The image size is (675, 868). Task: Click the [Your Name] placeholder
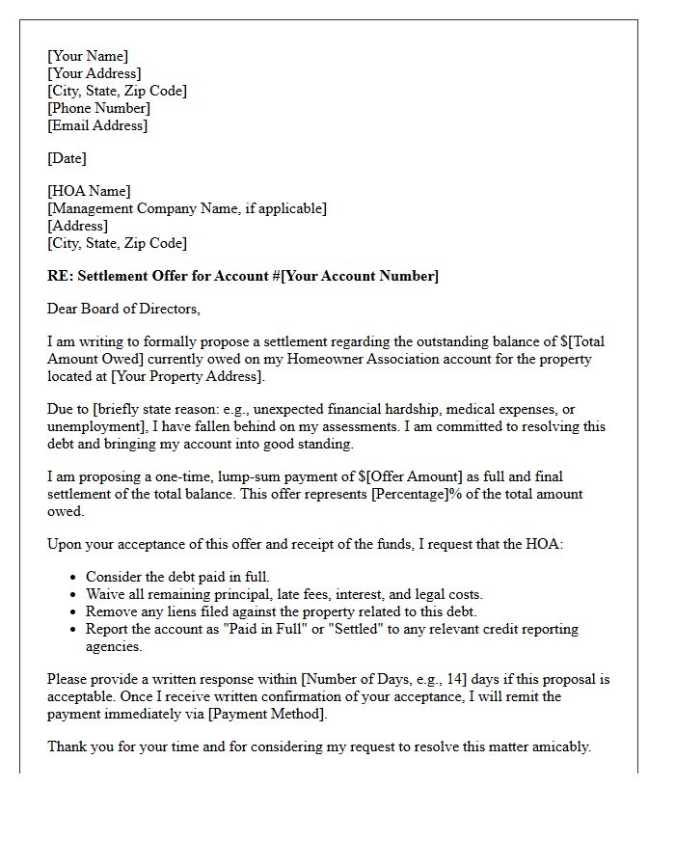pyautogui.click(x=88, y=56)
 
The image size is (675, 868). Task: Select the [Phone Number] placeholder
pyautogui.click(x=98, y=108)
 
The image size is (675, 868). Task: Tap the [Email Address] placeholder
pyautogui.click(x=97, y=125)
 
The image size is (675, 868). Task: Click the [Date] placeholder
pyautogui.click(x=67, y=158)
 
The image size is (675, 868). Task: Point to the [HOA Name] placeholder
pyautogui.click(x=89, y=191)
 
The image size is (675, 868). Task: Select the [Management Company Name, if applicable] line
pyautogui.click(x=187, y=208)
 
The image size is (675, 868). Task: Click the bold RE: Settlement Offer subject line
pyautogui.click(x=242, y=276)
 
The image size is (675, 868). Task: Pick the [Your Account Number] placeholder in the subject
pyautogui.click(x=360, y=276)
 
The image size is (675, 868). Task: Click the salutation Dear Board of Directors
pyautogui.click(x=123, y=309)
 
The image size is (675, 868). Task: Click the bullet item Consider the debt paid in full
pyautogui.click(x=177, y=577)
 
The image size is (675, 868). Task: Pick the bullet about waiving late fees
pyautogui.click(x=284, y=594)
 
